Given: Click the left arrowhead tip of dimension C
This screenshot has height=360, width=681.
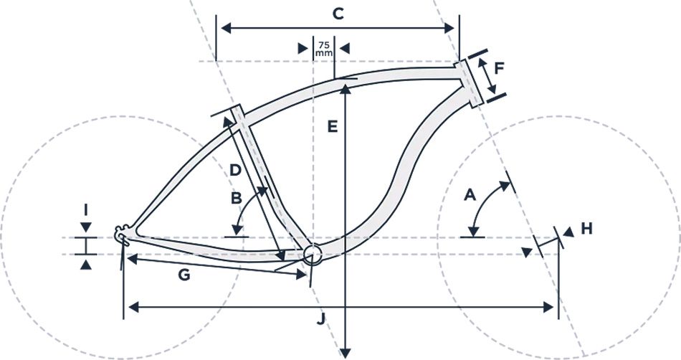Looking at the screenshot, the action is (x=222, y=28).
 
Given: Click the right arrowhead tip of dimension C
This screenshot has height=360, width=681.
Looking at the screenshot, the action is (x=454, y=28).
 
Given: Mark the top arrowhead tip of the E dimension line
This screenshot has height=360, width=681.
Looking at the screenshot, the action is (x=345, y=85).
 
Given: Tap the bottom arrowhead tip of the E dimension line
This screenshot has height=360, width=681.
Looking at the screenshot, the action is (x=345, y=359).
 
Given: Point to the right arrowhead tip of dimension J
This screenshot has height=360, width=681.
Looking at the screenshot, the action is (x=553, y=308).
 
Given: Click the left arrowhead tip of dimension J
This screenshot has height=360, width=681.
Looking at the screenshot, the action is (x=129, y=308).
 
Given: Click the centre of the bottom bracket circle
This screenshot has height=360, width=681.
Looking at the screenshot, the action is (x=313, y=255).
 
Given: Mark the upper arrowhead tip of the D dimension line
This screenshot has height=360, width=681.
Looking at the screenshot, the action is (x=224, y=117).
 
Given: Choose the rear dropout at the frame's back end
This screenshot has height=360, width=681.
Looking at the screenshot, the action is (x=122, y=235).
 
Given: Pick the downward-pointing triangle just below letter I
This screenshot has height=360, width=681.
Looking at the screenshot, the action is (x=86, y=227).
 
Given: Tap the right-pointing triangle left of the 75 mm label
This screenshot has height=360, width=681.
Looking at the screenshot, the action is (x=303, y=49).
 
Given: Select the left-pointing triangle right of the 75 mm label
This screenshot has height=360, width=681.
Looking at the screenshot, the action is (x=344, y=49).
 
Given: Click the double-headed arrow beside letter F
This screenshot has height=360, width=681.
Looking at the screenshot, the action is (x=487, y=77).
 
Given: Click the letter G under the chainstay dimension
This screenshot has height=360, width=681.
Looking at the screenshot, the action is (x=184, y=275).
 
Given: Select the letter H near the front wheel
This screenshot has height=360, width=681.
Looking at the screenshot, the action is (x=587, y=229).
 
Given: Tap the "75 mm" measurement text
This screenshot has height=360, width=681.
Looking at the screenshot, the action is (x=324, y=49).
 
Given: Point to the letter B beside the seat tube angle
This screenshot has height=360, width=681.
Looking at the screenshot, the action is (x=237, y=199).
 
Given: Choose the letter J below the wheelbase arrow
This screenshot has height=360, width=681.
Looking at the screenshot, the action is (x=320, y=320).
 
